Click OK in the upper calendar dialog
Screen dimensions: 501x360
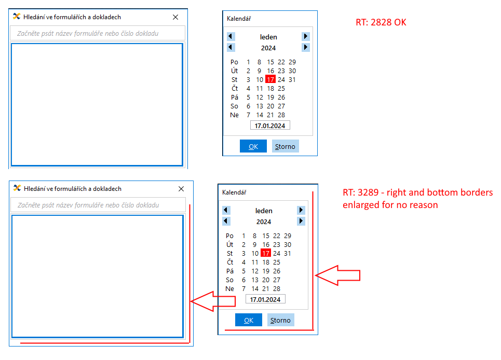pyautogui.click(x=253, y=146)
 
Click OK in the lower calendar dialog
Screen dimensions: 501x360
pyautogui.click(x=249, y=320)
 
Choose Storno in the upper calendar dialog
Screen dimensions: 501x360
pyautogui.click(x=286, y=146)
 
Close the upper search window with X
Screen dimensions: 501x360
pyautogui.click(x=175, y=17)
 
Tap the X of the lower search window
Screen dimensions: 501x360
pyautogui.click(x=181, y=189)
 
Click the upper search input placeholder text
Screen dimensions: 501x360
pyautogui.click(x=88, y=34)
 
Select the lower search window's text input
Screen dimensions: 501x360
pyautogui.click(x=98, y=205)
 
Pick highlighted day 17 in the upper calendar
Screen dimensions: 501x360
pyautogui.click(x=270, y=79)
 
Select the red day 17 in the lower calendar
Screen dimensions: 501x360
pyautogui.click(x=266, y=253)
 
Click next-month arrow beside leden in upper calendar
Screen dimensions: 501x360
pyautogui.click(x=306, y=36)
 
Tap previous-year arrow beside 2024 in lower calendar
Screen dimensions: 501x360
pyautogui.click(x=226, y=221)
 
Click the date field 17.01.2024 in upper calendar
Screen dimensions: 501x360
pyautogui.click(x=270, y=126)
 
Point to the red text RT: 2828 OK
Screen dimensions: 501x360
pyautogui.click(x=381, y=22)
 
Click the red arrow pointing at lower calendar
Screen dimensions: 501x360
pyautogui.click(x=337, y=275)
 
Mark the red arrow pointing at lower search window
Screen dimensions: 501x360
pyautogui.click(x=213, y=301)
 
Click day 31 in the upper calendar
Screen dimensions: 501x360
pyautogui.click(x=292, y=79)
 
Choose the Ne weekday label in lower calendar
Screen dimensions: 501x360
pyautogui.click(x=229, y=289)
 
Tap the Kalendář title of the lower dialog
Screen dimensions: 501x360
pyautogui.click(x=234, y=192)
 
